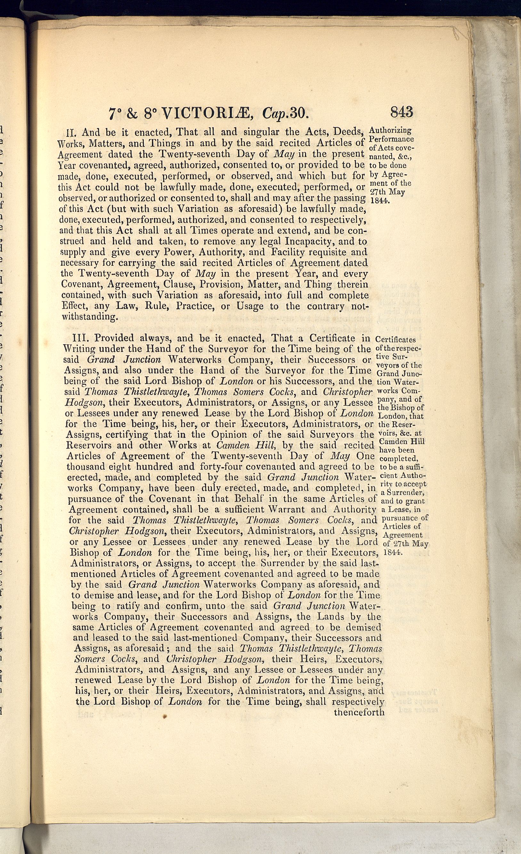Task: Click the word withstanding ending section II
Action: (89, 317)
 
